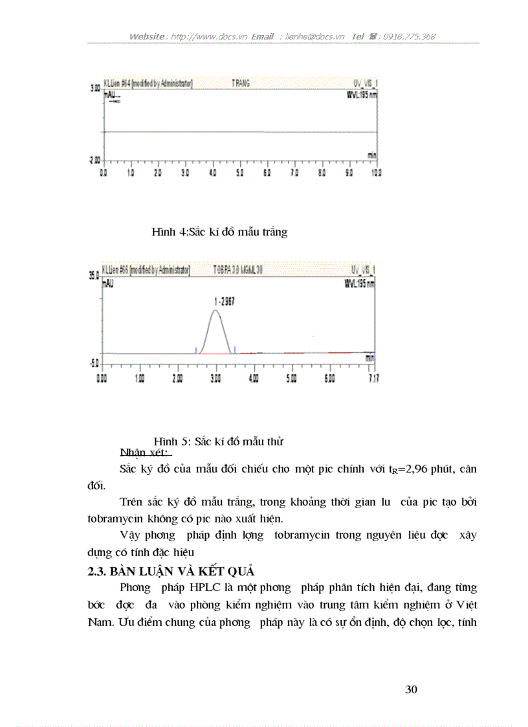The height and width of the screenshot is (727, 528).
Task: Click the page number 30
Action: (411, 689)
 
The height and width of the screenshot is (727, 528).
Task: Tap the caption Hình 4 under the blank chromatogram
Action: (219, 232)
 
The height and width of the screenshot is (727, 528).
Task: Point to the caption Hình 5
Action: (219, 441)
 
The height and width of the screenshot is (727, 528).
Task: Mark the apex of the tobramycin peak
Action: (215, 311)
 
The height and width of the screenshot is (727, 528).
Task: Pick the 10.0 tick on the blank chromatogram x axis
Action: (376, 173)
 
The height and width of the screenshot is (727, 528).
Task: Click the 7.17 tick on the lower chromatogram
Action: (371, 378)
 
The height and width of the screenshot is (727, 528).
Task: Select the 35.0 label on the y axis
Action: (93, 275)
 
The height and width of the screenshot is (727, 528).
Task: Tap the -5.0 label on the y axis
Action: (93, 363)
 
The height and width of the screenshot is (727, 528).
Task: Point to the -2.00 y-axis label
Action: (94, 160)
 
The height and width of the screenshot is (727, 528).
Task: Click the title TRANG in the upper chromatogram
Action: (240, 84)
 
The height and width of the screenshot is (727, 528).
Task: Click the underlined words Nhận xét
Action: (144, 452)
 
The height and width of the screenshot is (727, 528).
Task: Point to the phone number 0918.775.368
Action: (409, 36)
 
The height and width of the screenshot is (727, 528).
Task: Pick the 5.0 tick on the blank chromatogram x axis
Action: (240, 173)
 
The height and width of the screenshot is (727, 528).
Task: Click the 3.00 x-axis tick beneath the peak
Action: (215, 378)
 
